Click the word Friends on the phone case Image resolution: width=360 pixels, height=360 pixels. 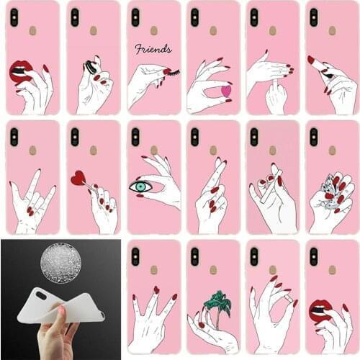pos(153,50)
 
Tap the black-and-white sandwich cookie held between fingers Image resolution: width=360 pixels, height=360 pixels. pos(90,66)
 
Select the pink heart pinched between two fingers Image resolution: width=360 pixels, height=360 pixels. pos(225,91)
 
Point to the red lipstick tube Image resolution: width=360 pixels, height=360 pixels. pos(315,63)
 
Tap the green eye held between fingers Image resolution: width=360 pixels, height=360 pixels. pos(141,187)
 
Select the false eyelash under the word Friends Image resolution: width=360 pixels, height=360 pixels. pos(170,71)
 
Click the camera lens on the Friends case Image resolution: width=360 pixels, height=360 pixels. pos(135,17)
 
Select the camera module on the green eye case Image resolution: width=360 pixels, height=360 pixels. pos(135,137)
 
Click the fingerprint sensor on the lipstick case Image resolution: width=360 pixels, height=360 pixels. pos(331,31)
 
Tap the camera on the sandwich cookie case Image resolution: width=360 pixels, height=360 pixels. pos(75,17)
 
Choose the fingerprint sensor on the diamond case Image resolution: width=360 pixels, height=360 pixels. pos(331,150)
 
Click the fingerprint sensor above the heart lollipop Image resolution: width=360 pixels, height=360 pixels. pos(94,150)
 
